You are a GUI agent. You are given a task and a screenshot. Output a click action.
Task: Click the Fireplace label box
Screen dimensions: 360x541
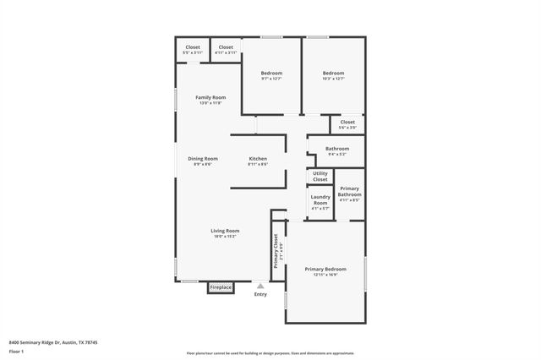click(x=221, y=287)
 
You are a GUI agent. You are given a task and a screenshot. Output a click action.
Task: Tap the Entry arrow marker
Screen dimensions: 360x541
click(x=260, y=286)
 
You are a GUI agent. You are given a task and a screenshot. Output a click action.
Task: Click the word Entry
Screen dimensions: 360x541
click(x=260, y=294)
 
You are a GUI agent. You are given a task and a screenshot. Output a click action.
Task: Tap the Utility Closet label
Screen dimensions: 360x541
click(x=320, y=177)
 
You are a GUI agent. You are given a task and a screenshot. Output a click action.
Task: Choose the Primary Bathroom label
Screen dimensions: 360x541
click(x=349, y=194)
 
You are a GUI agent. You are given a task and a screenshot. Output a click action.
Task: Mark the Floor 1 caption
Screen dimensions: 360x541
click(x=15, y=351)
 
